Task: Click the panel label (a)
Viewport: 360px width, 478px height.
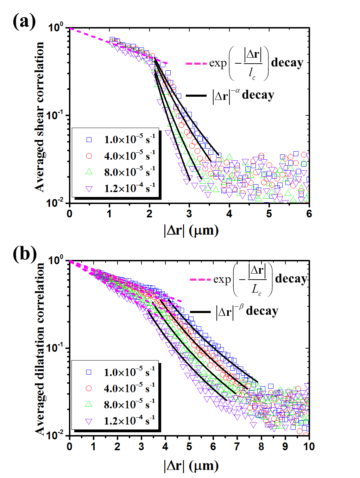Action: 24,21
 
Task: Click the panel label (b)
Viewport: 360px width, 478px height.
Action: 24,254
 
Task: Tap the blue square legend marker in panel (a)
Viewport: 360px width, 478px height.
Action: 89,140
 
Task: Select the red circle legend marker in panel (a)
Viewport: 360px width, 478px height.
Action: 89,155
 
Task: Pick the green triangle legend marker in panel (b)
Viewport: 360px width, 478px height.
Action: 89,404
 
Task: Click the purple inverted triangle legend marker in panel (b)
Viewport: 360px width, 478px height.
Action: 89,421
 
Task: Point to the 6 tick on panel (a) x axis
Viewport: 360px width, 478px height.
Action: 309,214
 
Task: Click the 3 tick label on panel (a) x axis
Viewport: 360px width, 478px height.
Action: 189,214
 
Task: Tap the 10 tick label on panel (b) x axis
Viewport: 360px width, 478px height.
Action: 309,446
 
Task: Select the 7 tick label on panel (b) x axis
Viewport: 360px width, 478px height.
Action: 237,446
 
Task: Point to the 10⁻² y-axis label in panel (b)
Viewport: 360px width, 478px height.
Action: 56,435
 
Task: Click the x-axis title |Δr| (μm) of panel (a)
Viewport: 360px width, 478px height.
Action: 191,231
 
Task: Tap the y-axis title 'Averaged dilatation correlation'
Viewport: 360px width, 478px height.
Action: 39,349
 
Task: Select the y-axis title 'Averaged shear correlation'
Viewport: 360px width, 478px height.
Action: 39,117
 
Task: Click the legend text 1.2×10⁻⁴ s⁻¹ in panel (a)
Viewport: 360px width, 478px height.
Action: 130,188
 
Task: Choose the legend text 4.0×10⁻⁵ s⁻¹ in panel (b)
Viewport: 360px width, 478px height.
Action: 129,388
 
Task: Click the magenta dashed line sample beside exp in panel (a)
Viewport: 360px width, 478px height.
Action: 196,64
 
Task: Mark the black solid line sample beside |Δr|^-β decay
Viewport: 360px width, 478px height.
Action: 200,312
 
